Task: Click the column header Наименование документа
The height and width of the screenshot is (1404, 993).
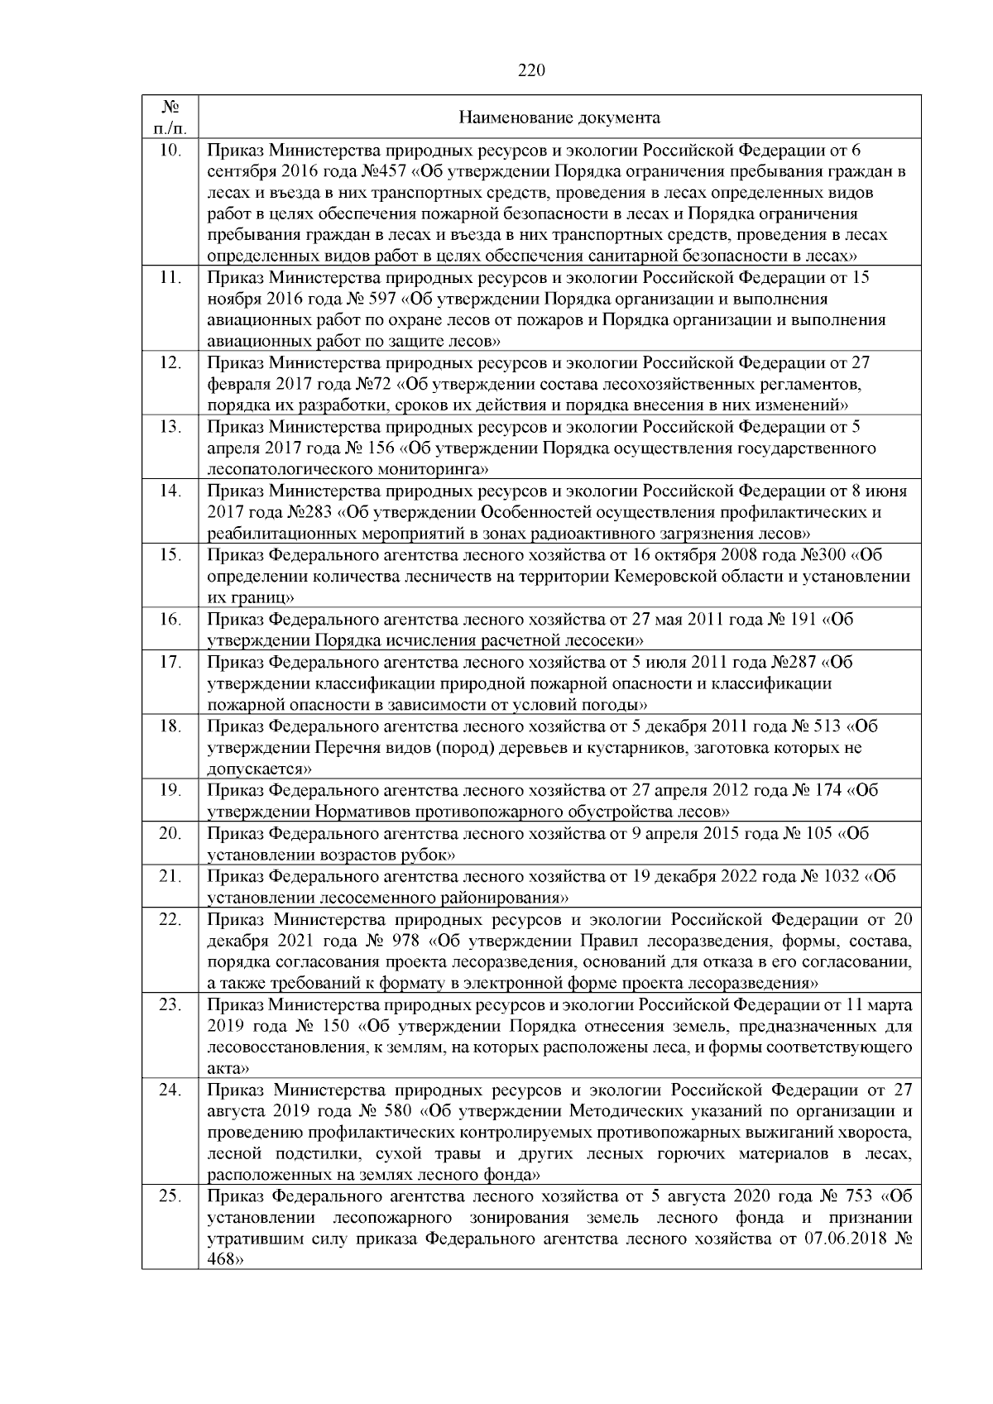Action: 559,117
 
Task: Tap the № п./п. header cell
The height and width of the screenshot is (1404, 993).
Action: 170,117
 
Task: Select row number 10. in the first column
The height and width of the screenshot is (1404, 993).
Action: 170,151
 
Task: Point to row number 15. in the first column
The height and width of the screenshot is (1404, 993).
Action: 170,554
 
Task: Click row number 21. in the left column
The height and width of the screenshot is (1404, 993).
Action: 170,876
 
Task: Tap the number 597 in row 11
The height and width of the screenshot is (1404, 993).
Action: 381,299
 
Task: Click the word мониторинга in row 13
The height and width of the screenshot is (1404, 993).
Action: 437,470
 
